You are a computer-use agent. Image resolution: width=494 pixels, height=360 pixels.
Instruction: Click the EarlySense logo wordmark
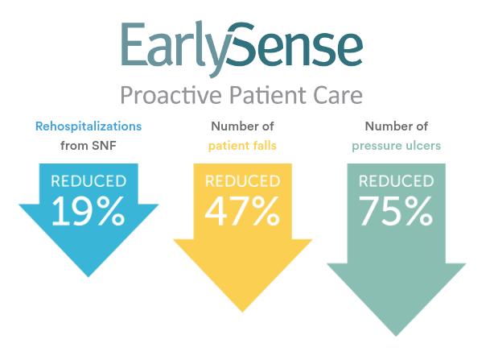pos(242,49)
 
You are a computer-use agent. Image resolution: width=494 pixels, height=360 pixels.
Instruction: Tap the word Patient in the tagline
pos(268,95)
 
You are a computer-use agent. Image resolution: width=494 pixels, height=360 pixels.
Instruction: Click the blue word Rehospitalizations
pos(89,126)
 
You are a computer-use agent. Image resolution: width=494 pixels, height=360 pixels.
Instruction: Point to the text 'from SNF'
pos(89,146)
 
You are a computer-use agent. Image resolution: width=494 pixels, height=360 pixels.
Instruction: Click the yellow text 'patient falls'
pos(242,146)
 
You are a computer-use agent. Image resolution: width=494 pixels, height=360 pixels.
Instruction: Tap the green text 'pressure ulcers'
pos(397,146)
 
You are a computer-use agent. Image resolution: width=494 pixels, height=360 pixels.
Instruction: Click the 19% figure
pos(89,210)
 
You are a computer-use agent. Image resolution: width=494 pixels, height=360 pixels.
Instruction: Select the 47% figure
pos(242,210)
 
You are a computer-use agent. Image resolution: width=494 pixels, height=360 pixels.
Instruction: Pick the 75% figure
pos(396,210)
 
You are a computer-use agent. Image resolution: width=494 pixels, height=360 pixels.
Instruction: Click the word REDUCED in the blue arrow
pos(89,181)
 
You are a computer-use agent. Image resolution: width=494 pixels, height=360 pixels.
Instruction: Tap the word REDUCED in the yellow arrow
pos(243,181)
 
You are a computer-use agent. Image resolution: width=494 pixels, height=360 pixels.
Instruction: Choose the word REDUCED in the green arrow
pos(397,181)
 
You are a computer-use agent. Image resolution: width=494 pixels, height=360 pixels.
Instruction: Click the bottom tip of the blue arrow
pos(89,277)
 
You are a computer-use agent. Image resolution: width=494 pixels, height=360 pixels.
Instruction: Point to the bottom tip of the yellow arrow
pos(242,312)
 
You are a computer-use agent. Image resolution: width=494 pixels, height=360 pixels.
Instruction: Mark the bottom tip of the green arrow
pos(396,337)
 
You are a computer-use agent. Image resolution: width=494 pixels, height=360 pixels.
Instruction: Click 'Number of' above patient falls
pos(242,126)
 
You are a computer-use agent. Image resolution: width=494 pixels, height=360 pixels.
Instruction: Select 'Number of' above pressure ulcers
pos(397,126)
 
